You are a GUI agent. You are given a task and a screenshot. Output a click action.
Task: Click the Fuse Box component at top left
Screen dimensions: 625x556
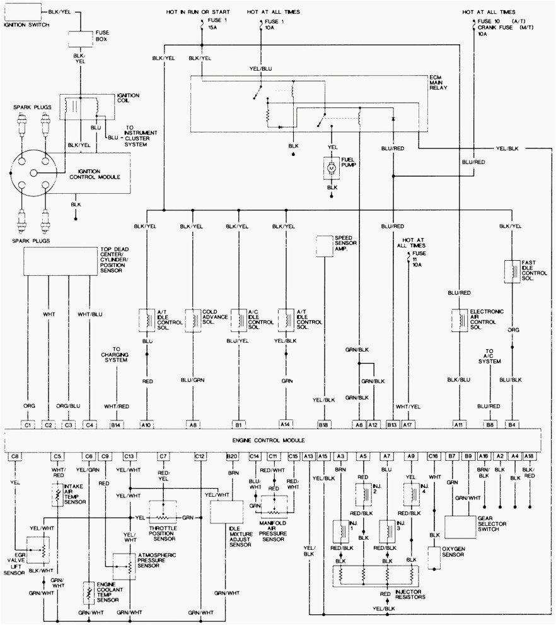tap(80, 37)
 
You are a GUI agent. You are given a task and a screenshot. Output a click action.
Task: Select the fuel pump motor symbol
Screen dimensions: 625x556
tap(332, 168)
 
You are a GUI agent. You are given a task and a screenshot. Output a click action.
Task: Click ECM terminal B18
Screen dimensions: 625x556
tap(324, 425)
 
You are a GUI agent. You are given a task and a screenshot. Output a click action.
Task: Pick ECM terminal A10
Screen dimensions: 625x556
tap(146, 425)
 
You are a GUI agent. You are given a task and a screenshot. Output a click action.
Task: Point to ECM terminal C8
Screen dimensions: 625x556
tap(15, 455)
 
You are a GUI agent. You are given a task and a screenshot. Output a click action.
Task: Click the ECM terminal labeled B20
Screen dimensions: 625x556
tap(231, 455)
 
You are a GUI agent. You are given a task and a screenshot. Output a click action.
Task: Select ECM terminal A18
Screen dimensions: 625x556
tap(530, 455)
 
